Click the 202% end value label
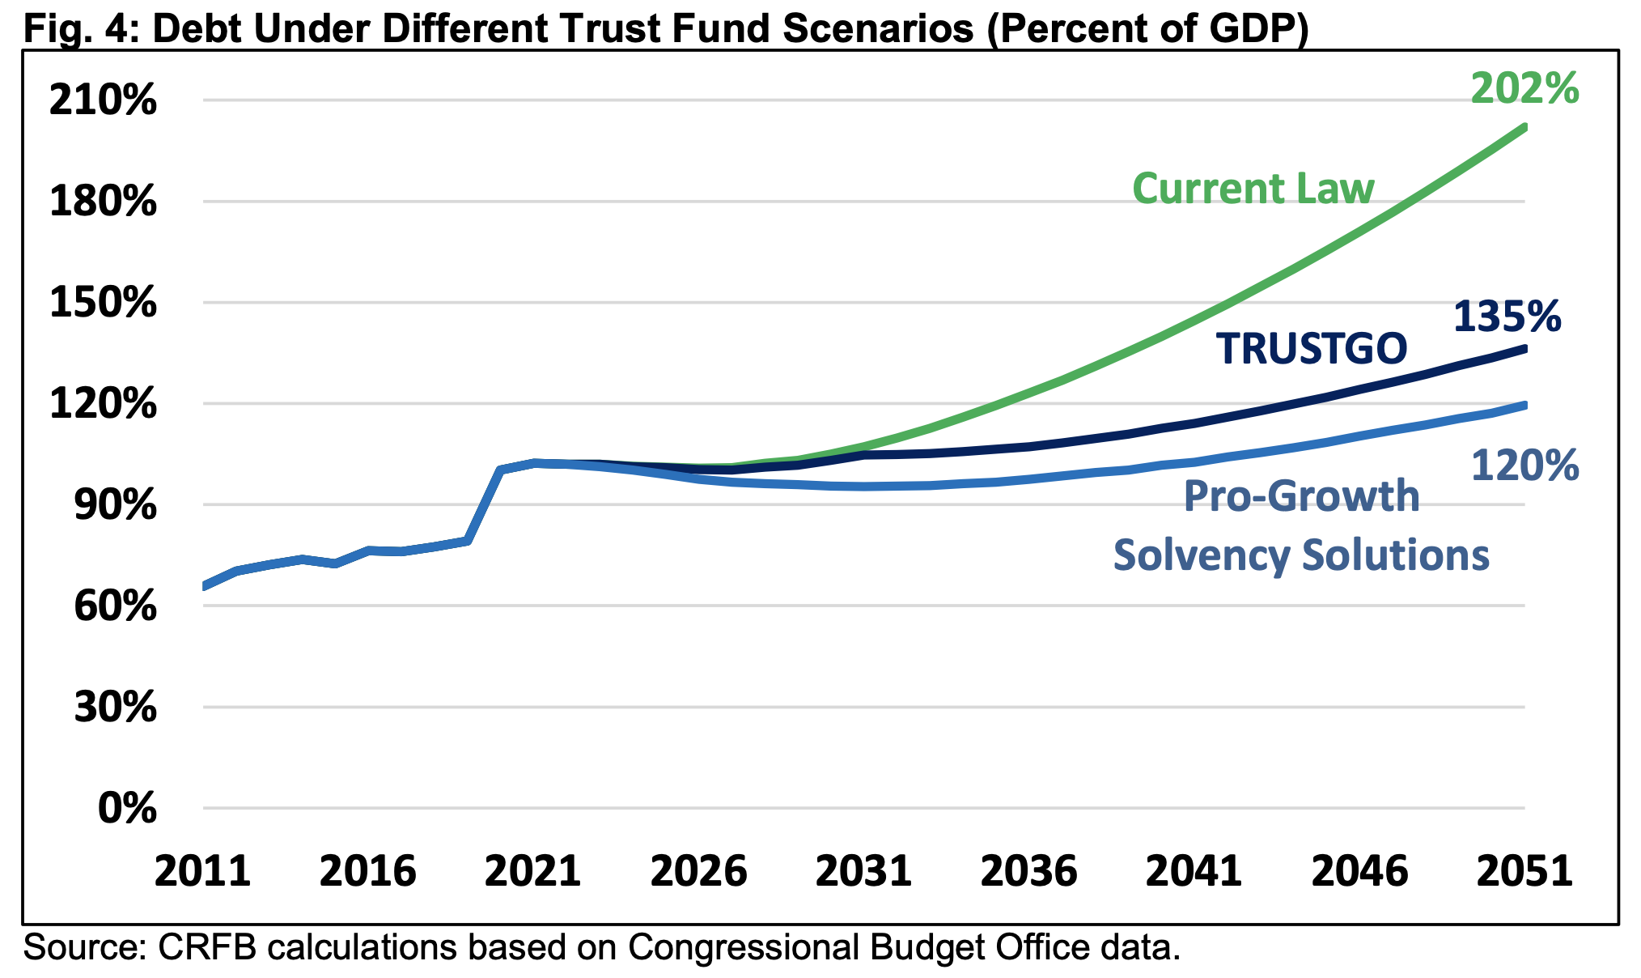tap(1524, 89)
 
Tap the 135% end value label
tap(1507, 317)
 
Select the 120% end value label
tap(1524, 466)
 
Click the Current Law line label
tap(1253, 189)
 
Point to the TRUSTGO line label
tap(1312, 349)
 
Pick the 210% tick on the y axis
tap(103, 101)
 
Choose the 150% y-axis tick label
tap(103, 304)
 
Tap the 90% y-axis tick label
tap(115, 505)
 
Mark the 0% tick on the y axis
tap(127, 808)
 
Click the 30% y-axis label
tap(115, 708)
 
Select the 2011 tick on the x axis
tap(202, 871)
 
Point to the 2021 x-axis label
tap(532, 871)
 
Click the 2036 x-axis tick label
tap(1028, 871)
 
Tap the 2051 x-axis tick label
tap(1524, 871)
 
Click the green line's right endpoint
tap(1524, 127)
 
